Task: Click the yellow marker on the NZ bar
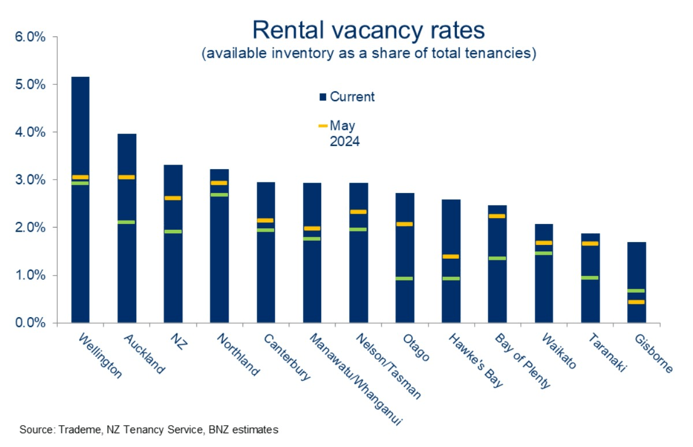pos(173,198)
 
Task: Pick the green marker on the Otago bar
pos(405,278)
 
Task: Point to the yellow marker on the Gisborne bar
pos(636,302)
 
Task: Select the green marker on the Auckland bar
pos(127,222)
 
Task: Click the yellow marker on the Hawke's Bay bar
pos(451,256)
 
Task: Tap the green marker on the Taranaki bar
pos(590,278)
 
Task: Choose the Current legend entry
pos(347,97)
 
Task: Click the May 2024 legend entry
pos(340,133)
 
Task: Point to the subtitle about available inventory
pos(370,54)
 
